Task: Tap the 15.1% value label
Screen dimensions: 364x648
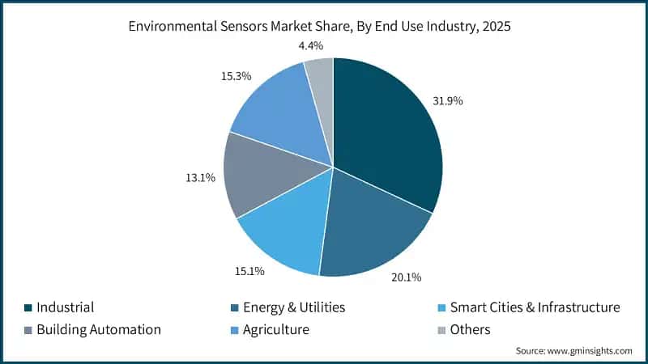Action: [249, 271]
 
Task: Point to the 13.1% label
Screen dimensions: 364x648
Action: [199, 177]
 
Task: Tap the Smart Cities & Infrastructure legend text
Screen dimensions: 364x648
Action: [535, 307]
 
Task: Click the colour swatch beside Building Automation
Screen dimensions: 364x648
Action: [28, 330]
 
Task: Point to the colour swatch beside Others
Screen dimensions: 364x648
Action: [441, 330]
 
